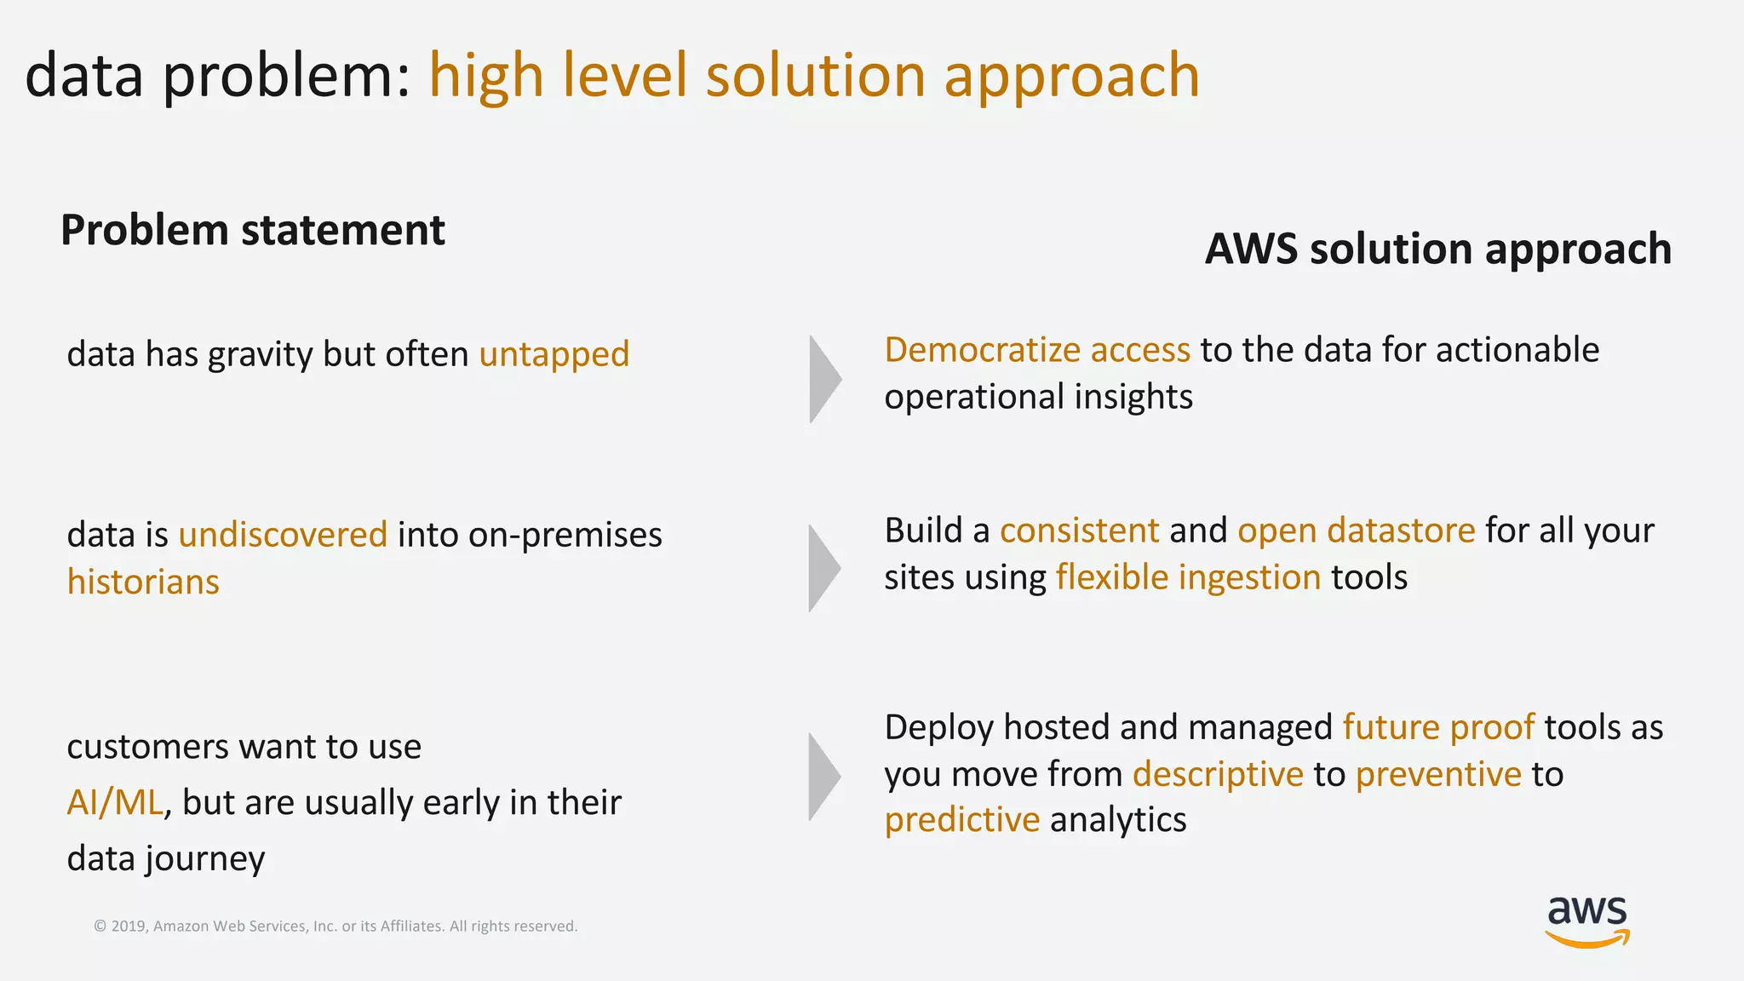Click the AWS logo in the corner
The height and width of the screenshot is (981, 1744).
tap(1587, 921)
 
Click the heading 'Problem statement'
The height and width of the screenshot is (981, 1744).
tap(253, 230)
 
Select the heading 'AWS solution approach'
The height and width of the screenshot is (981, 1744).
tap(1438, 249)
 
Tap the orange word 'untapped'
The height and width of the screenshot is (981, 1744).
tap(554, 354)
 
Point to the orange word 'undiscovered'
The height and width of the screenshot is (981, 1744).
tap(283, 535)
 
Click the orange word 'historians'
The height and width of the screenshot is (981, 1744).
tap(143, 582)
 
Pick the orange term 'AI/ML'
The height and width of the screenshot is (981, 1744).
tap(115, 802)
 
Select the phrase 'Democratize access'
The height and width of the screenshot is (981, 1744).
tap(1037, 350)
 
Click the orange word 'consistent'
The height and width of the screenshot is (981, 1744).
tap(1079, 531)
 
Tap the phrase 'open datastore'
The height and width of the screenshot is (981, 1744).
tap(1356, 531)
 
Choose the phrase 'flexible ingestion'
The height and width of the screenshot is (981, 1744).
tap(1188, 577)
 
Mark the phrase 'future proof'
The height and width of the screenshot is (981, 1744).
tap(1438, 727)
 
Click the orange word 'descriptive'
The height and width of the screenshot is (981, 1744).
tap(1218, 774)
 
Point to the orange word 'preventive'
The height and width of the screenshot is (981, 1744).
tap(1438, 774)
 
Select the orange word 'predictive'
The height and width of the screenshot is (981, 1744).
tap(962, 820)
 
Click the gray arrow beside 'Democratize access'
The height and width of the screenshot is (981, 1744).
tap(823, 379)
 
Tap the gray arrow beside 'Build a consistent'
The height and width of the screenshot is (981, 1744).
tap(823, 568)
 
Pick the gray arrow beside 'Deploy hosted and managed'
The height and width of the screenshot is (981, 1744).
tap(823, 776)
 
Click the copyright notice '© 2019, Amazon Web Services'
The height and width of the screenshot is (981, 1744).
tap(336, 926)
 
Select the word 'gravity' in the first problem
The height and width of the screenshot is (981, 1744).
tap(260, 354)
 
